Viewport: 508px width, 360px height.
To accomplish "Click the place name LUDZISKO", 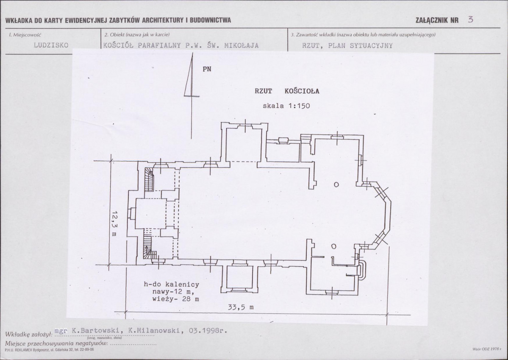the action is (51, 45).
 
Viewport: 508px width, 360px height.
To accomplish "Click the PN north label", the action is (207, 69).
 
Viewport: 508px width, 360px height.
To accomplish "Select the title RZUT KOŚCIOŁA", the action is (287, 91).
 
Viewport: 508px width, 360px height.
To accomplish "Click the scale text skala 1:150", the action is (286, 106).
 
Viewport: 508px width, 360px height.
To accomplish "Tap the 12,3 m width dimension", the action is (114, 223).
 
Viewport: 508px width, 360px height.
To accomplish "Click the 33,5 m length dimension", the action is (240, 307).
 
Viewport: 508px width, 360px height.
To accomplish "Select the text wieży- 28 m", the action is (175, 299).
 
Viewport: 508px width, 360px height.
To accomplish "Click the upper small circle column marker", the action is (336, 184).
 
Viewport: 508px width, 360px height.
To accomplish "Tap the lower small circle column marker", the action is (334, 246).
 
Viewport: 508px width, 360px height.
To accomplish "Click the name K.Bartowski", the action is (97, 331).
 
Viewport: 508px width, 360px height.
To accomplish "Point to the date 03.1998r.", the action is (208, 331).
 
